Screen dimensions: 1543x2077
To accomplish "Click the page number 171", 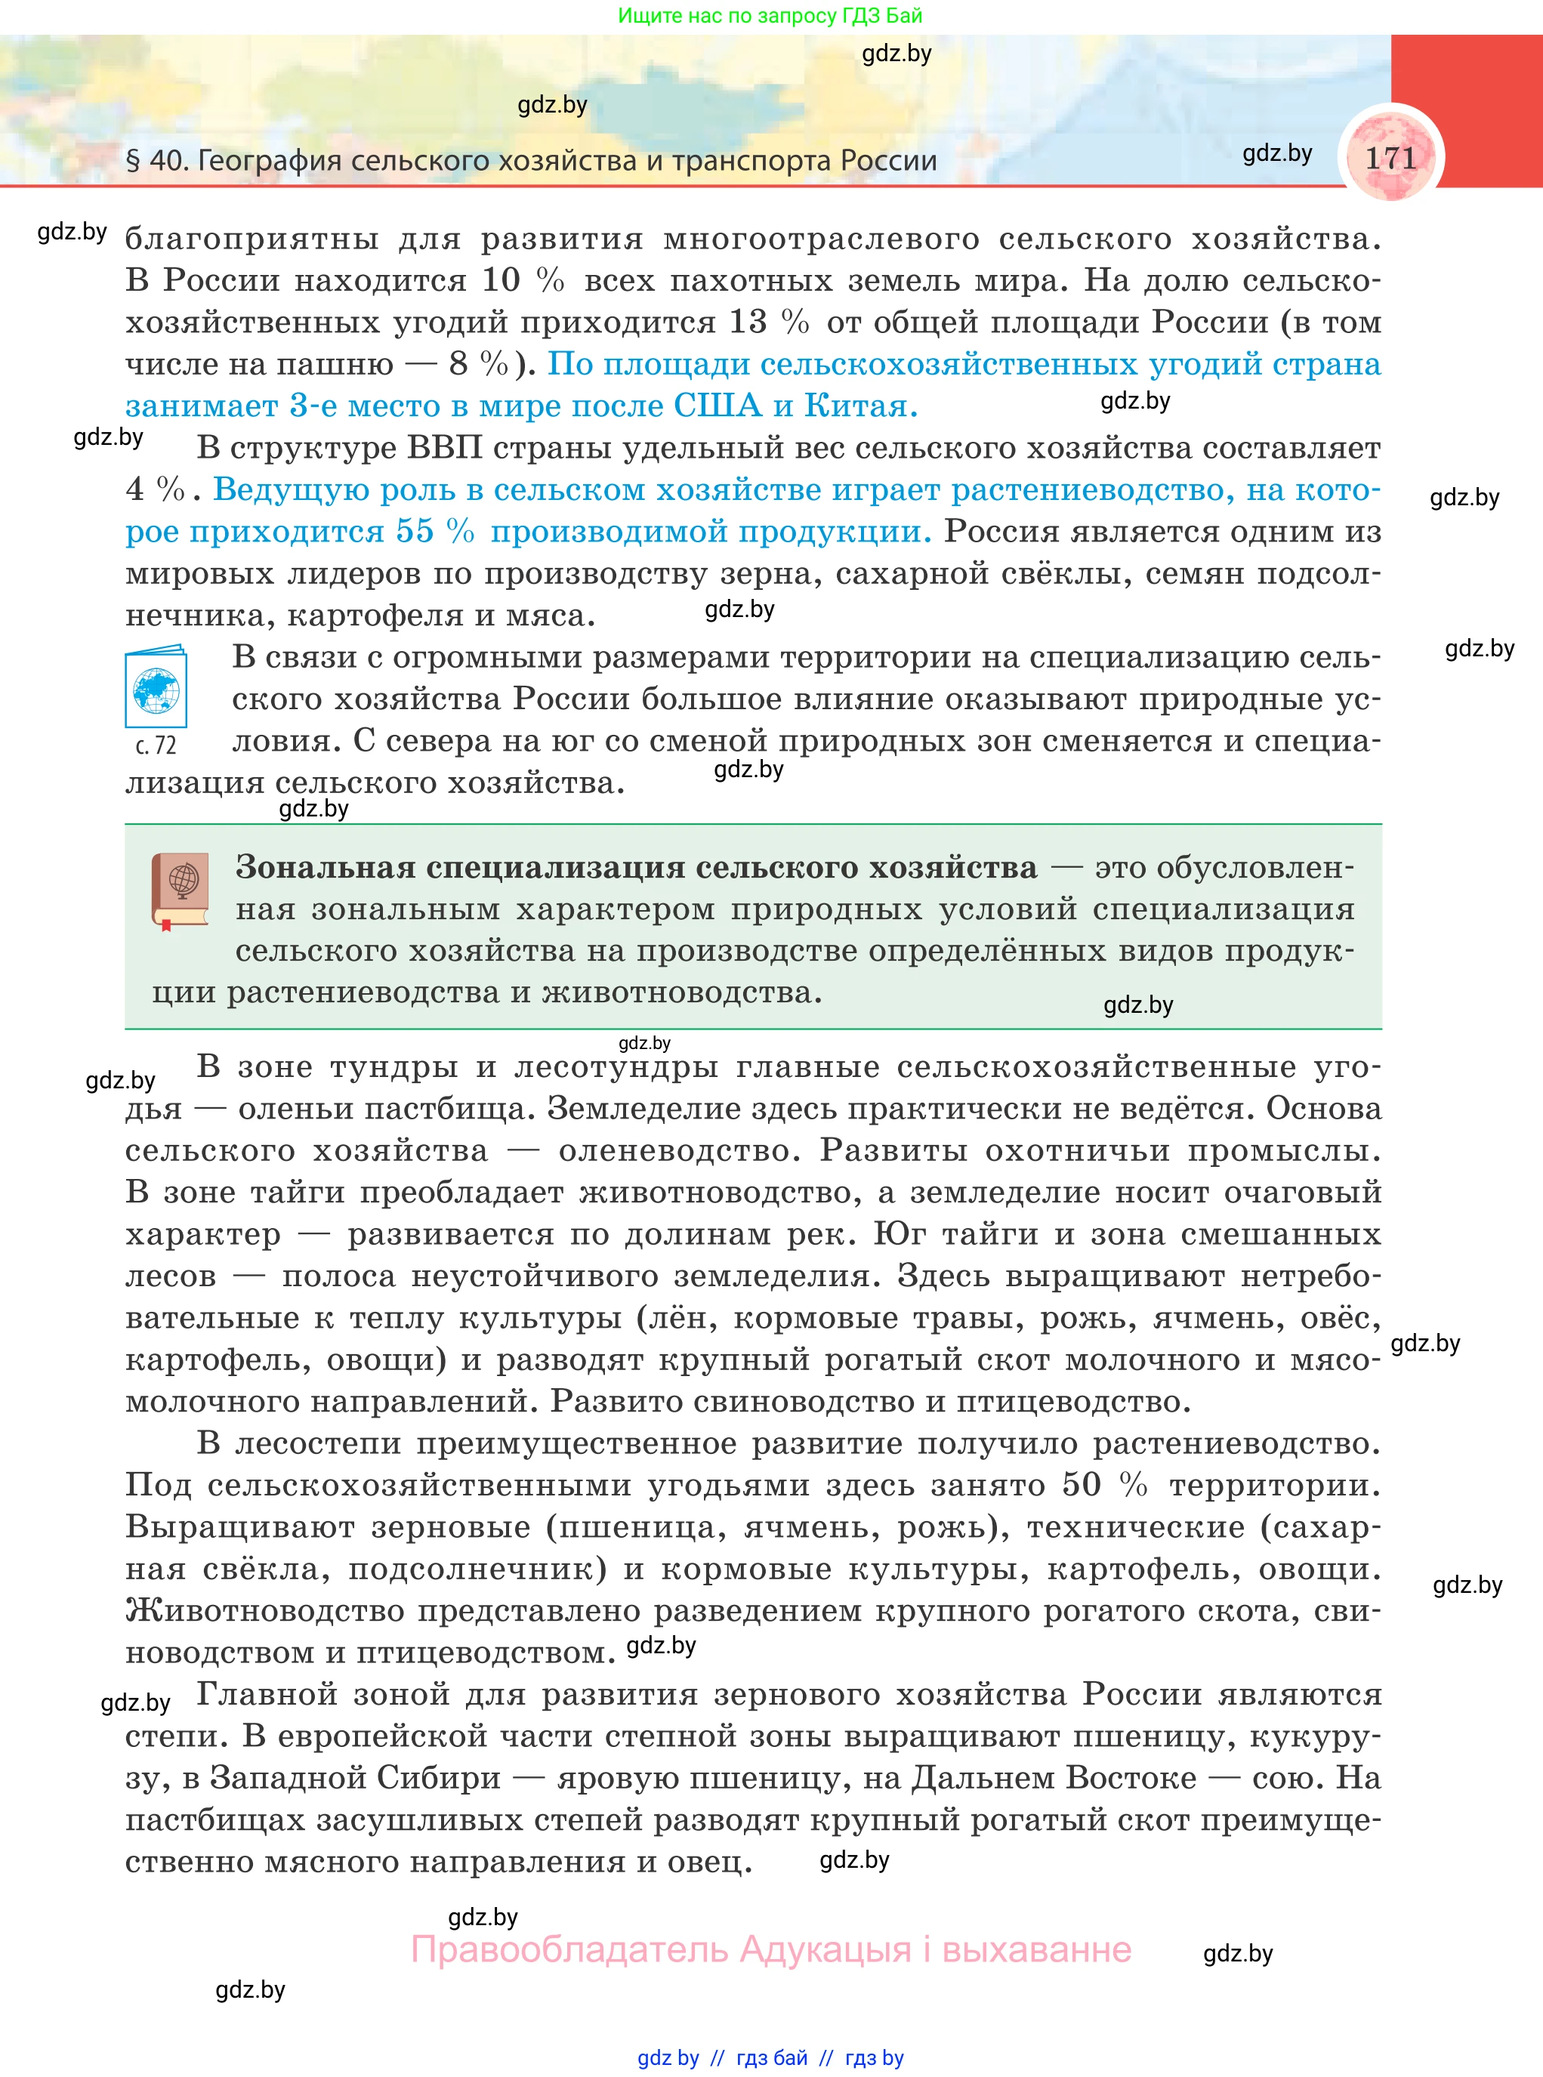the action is tap(1390, 157).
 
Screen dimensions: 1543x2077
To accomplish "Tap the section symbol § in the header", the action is tap(133, 161).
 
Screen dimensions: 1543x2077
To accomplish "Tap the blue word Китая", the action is tap(860, 406).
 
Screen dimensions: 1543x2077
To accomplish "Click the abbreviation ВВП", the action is tap(445, 449).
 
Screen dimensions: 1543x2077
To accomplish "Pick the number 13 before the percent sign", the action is tap(747, 323).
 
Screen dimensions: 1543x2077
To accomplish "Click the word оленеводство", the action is tap(679, 1150).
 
